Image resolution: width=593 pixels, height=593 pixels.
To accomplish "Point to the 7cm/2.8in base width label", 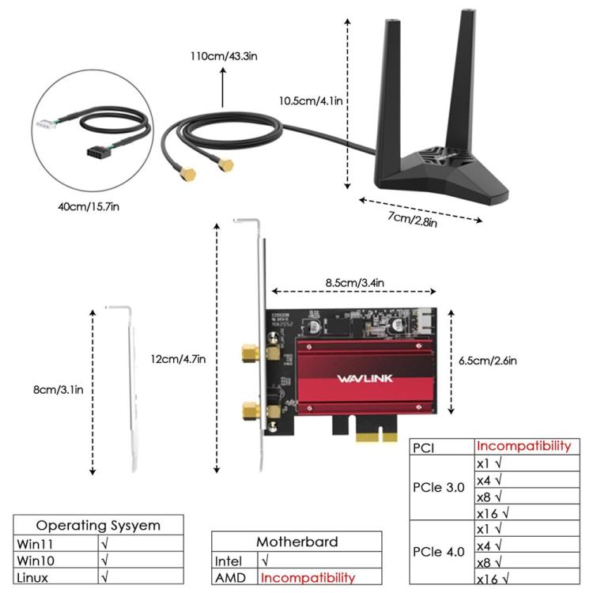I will pos(412,217).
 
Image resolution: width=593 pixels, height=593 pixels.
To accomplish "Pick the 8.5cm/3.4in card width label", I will pos(354,281).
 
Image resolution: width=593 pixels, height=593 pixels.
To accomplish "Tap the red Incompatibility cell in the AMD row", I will pos(308,577).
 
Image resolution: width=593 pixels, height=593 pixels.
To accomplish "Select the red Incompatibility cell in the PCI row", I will pos(523,446).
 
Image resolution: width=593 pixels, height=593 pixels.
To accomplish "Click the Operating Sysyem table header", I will pos(99,525).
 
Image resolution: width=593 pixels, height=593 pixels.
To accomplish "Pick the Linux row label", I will pos(32,577).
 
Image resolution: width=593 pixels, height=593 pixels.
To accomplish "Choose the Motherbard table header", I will pos(296,542).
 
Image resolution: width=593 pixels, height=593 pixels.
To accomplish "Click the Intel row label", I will pos(229,561).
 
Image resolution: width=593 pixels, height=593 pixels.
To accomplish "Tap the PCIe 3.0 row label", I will pos(439,488).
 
